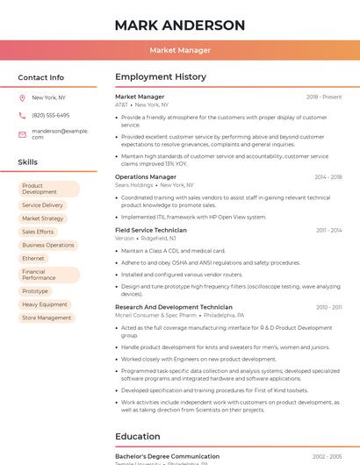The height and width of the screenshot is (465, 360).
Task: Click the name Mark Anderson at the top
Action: coord(180,25)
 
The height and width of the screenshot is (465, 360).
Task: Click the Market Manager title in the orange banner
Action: coord(180,50)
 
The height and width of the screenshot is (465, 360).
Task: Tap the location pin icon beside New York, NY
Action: coord(22,97)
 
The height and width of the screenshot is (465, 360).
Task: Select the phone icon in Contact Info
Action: coord(22,115)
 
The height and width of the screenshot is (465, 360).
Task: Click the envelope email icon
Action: coord(22,134)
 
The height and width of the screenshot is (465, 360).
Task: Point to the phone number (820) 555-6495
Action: coord(51,115)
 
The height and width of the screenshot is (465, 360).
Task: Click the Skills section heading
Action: coord(28,162)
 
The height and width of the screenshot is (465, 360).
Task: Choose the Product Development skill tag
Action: coord(47,189)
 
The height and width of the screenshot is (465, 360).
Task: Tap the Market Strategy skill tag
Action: coord(43,218)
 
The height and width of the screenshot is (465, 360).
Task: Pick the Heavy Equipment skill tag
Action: coord(45,304)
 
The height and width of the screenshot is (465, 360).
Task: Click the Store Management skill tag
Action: coord(47,318)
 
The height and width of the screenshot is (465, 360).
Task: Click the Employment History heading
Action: coord(161,77)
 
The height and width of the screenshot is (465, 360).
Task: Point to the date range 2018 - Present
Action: coord(323,97)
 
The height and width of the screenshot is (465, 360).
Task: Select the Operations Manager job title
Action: coord(146,177)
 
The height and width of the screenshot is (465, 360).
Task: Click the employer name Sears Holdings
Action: coord(134,185)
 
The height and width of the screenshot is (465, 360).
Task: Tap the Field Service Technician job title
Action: coord(151,230)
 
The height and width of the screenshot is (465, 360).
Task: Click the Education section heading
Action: coord(138,436)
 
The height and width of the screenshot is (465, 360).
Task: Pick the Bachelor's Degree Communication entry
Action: coord(168,456)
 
